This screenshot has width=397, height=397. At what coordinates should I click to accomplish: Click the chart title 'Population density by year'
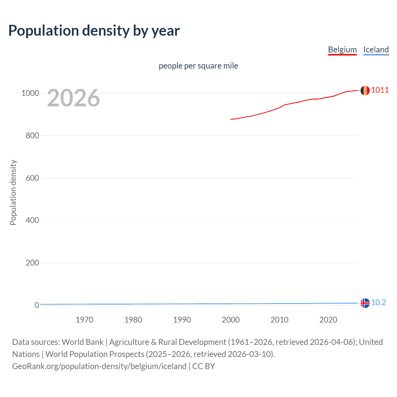point(94,31)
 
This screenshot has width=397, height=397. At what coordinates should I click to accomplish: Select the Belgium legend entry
point(342,50)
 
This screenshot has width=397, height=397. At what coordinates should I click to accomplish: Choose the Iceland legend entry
point(376,50)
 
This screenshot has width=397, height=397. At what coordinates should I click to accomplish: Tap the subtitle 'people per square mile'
point(198,66)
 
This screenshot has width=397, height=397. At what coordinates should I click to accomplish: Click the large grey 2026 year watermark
point(74,98)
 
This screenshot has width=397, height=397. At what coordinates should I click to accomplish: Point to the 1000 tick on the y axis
point(30,93)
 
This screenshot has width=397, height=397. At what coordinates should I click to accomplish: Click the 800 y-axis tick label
point(32,136)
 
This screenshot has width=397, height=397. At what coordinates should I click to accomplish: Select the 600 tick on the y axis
point(32,178)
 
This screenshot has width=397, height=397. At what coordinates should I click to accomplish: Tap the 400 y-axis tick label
point(32,221)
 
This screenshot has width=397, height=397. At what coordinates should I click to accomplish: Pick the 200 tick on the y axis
point(32,263)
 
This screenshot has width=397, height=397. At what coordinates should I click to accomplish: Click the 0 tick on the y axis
point(37,305)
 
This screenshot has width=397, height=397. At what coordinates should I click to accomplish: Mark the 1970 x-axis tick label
point(84,320)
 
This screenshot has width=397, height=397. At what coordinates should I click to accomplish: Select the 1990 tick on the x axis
point(182,320)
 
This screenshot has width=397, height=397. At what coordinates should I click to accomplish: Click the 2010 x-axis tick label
point(279,320)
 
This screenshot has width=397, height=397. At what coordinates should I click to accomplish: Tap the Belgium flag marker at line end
point(365,91)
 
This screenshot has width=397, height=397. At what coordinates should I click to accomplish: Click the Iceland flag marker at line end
point(365,303)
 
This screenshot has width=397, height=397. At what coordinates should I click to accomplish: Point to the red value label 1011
point(380,90)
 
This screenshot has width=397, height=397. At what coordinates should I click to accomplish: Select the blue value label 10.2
point(378,302)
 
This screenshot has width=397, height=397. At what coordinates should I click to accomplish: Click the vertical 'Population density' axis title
point(13,192)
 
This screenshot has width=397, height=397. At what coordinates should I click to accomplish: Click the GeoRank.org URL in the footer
point(99,366)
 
